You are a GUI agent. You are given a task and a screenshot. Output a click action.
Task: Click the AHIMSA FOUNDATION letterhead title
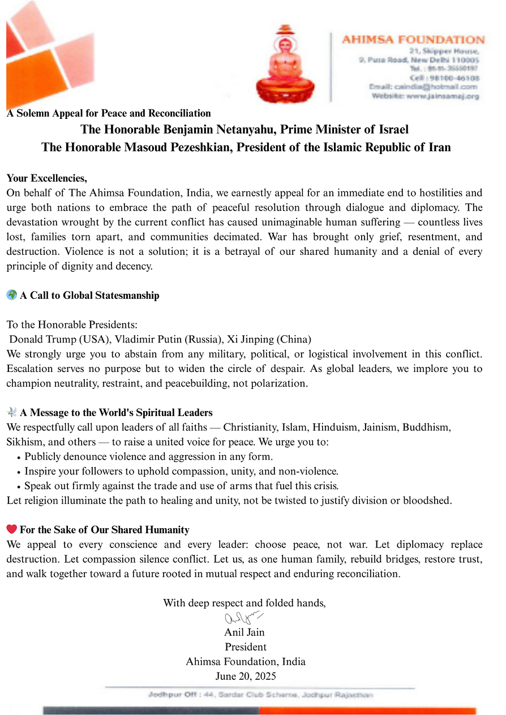pos(413,40)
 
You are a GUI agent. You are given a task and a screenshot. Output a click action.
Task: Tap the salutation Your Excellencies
pos(46,178)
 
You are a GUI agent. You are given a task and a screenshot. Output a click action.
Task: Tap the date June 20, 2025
pos(246,676)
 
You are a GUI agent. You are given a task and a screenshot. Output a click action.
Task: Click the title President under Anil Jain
pos(246,647)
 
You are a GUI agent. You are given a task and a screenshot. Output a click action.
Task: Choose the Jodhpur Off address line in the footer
pos(260,695)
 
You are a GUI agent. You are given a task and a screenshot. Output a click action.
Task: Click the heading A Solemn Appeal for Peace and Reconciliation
pos(109,113)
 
